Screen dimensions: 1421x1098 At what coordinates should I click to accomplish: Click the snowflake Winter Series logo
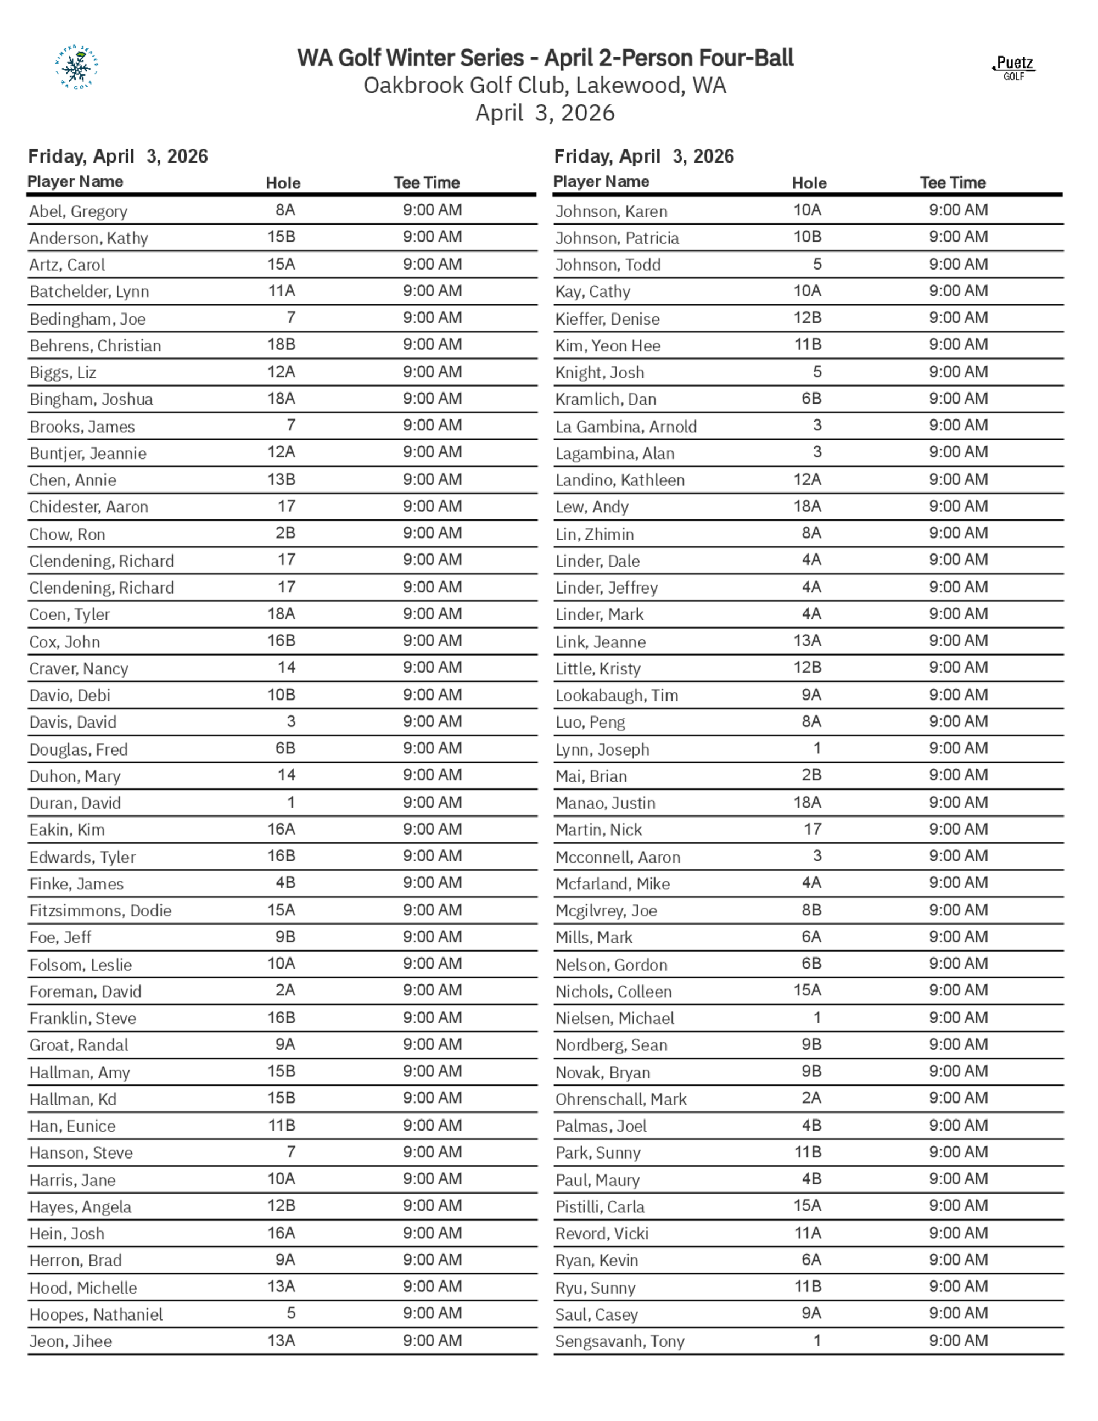[77, 67]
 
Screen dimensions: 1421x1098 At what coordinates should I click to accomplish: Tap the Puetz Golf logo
[1014, 68]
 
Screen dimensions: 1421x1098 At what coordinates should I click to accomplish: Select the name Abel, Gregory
[78, 211]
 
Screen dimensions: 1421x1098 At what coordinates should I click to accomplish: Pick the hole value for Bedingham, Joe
[291, 317]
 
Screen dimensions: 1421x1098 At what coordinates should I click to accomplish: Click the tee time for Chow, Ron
[432, 533]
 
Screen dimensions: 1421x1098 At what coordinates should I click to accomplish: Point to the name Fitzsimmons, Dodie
[100, 910]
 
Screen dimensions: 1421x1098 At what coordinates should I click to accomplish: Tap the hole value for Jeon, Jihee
[282, 1340]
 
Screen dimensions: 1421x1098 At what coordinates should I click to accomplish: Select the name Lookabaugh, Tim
[617, 696]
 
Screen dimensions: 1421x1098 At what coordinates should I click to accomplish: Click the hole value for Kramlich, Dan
[811, 398]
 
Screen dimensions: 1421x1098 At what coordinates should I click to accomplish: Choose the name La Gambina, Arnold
[626, 427]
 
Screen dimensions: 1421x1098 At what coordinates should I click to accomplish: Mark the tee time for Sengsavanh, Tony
[958, 1340]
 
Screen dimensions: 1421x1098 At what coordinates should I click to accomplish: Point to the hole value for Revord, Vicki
[807, 1232]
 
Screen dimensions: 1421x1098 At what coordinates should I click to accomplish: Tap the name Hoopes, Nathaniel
[96, 1314]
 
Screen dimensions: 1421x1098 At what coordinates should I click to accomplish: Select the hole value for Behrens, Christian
[282, 344]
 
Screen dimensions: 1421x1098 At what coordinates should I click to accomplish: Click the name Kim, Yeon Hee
[608, 346]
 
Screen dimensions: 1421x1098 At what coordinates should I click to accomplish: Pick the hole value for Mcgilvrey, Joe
[811, 910]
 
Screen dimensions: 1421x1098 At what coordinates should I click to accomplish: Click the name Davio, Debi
[70, 696]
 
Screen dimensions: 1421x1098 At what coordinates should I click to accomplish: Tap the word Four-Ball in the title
[747, 58]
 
